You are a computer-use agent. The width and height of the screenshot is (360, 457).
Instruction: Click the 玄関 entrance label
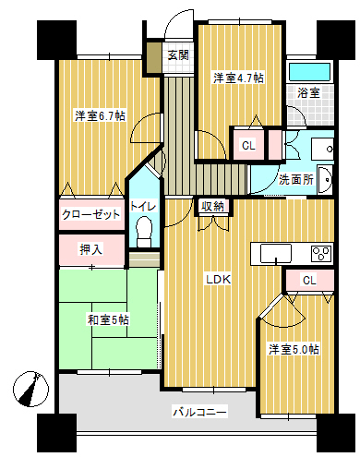point(178,55)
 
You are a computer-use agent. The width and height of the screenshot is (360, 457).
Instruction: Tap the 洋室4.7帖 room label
point(238,78)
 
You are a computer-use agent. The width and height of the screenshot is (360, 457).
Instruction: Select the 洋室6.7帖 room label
point(100,115)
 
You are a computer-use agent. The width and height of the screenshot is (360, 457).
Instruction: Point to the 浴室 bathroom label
point(308,92)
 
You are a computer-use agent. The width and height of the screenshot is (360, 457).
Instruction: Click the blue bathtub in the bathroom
point(309,72)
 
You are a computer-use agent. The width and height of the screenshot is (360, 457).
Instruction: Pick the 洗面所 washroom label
point(296,179)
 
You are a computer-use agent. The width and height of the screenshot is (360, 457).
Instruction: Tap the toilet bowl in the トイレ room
point(144,232)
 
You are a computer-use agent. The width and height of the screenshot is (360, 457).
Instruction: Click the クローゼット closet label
point(91,214)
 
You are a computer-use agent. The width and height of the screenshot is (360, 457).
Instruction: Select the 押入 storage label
point(90,249)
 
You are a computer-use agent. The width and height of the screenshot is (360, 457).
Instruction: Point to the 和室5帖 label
point(108,319)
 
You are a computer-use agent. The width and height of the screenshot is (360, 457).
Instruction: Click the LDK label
point(218,280)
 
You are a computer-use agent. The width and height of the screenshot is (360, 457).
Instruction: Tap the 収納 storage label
point(212,206)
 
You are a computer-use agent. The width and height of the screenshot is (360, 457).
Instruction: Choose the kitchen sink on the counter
point(276,253)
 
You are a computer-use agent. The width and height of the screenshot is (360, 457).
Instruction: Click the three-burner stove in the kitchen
point(321,254)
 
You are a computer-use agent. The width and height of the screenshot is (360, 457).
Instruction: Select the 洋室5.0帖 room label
point(294,350)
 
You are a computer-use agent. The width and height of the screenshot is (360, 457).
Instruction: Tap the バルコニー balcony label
point(199,412)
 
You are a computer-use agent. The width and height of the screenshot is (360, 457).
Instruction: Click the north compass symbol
point(30,389)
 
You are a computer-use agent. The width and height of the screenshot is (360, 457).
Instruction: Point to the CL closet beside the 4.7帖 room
point(248,145)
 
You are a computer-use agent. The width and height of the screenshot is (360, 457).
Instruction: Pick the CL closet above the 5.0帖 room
point(309,280)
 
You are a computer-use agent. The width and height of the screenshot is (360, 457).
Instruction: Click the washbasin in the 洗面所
point(325,180)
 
